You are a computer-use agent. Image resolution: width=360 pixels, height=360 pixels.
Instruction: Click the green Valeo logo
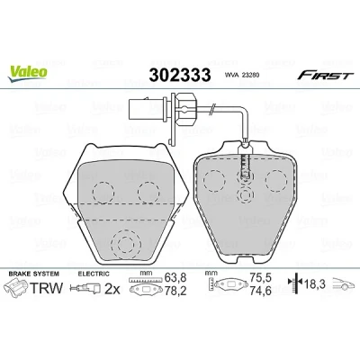click(x=27, y=73)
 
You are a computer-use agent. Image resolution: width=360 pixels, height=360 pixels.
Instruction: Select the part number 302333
click(x=180, y=75)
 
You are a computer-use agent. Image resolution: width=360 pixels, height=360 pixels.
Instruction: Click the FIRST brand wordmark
click(x=323, y=75)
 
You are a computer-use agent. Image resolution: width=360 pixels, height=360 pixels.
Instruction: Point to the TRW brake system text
click(x=46, y=288)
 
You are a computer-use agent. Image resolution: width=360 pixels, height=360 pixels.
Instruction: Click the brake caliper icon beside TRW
click(x=16, y=287)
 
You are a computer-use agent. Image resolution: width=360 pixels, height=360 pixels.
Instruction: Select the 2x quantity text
click(x=112, y=289)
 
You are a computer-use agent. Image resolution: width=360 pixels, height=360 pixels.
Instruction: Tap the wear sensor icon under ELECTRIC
click(x=85, y=289)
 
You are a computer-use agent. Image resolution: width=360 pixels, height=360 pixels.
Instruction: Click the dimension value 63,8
click(x=175, y=278)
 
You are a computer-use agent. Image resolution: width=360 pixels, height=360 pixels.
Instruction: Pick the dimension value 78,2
click(x=175, y=291)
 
